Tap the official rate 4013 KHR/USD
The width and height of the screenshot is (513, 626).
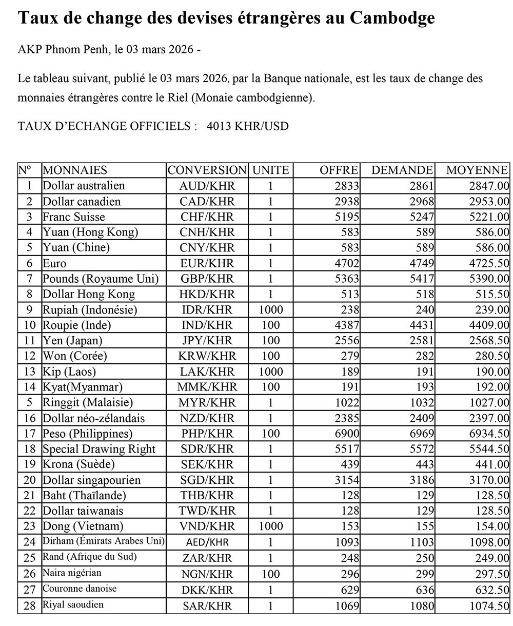248,126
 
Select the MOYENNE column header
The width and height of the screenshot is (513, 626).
477,170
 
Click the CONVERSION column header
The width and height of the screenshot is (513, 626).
207,170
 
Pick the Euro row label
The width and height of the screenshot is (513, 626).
55,263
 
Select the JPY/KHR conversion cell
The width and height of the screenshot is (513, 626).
207,341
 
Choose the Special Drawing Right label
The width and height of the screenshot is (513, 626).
99,449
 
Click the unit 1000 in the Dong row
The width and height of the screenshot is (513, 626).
270,526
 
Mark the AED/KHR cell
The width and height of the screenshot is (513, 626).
207,542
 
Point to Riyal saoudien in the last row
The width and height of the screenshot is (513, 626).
73,604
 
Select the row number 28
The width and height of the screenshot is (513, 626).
30,605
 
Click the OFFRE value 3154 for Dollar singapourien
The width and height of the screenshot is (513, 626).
347,480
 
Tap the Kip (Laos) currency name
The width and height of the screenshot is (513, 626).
69,371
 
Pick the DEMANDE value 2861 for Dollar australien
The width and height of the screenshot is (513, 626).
422,186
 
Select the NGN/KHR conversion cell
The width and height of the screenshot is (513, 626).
207,574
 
